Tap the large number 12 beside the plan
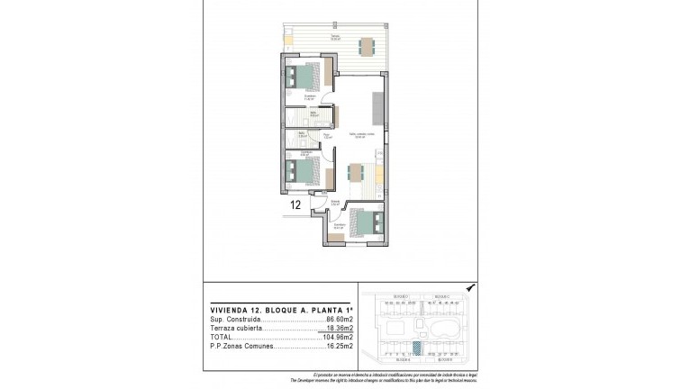coord(295,204)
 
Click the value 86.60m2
coord(339,320)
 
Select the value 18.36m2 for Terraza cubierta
coord(339,329)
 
